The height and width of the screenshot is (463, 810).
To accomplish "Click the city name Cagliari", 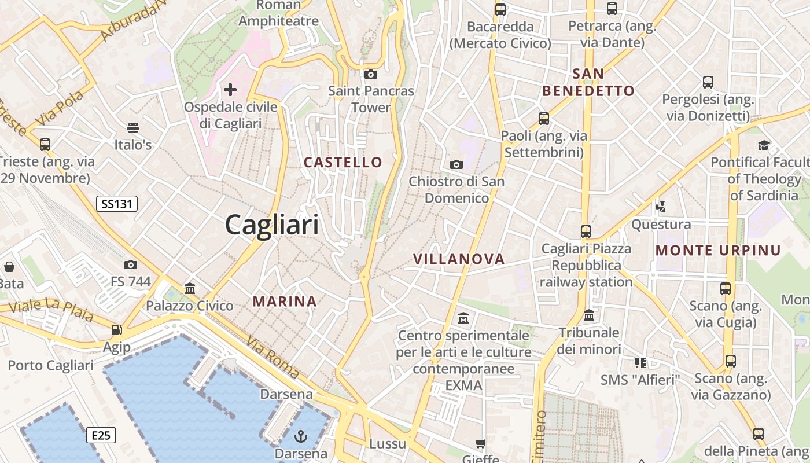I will [272, 224].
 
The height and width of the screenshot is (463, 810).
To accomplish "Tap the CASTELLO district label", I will [343, 163].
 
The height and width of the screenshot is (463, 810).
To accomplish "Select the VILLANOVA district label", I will [459, 259].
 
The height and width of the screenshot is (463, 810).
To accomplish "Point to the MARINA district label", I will [285, 302].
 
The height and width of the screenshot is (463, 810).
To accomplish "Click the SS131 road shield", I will [117, 204].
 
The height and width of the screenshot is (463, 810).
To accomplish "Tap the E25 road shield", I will [101, 435].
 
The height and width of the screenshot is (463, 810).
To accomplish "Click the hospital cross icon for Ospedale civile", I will [230, 90].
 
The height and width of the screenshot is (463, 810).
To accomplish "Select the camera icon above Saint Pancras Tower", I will [371, 74].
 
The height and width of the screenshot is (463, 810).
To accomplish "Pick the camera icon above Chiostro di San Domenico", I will [456, 165].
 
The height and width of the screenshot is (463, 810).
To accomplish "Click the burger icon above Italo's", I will [133, 128].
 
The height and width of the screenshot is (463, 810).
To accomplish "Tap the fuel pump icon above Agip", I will [117, 330].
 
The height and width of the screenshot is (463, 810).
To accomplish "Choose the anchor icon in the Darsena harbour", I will [301, 436].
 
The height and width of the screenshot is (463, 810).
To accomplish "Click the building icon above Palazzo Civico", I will [189, 288].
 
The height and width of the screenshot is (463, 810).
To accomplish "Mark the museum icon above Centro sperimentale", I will [463, 318].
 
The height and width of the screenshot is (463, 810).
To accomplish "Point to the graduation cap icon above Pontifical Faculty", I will [764, 145].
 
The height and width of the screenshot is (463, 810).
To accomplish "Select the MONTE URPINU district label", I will [718, 251].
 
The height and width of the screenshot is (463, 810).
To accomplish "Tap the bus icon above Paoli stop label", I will [544, 119].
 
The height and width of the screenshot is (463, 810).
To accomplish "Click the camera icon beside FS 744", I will [131, 264].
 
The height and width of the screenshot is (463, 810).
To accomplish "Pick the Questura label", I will [661, 225].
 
